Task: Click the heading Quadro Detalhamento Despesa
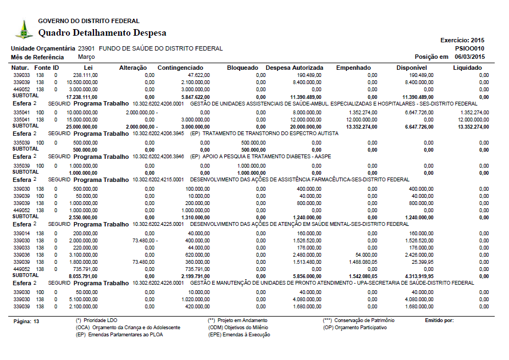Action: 102,33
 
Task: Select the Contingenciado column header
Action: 181,68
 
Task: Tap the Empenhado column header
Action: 353,68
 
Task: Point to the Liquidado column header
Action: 467,68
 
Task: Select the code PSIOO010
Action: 470,48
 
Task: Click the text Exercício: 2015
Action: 462,40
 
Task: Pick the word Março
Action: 86,57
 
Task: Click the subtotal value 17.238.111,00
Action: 81,97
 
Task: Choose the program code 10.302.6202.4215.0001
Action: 158,179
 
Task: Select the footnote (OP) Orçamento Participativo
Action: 355,328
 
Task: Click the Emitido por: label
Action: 439,320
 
